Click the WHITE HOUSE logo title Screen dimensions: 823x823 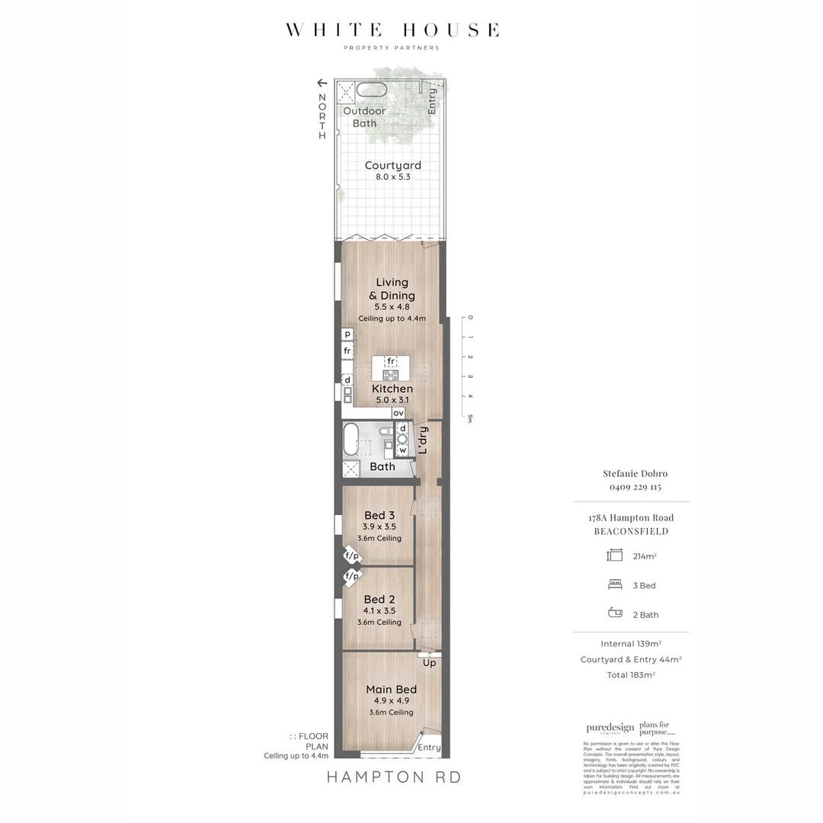click(x=392, y=30)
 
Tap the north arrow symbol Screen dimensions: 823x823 click(x=322, y=83)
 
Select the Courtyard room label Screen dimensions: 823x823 click(x=392, y=165)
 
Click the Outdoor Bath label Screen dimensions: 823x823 click(x=364, y=117)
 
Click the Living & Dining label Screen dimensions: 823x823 click(x=392, y=289)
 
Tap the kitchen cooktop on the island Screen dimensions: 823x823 click(x=391, y=375)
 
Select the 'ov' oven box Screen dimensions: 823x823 click(x=399, y=413)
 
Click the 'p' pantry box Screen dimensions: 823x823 click(x=347, y=334)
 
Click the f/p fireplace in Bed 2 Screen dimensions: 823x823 click(x=351, y=577)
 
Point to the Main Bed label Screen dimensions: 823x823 click(x=391, y=690)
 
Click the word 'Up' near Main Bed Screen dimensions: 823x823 click(x=429, y=663)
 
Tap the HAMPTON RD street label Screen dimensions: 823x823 click(x=394, y=777)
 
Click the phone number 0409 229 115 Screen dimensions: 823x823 click(x=630, y=487)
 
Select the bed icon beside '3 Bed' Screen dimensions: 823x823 click(x=614, y=585)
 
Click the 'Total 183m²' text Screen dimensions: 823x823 click(x=630, y=675)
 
